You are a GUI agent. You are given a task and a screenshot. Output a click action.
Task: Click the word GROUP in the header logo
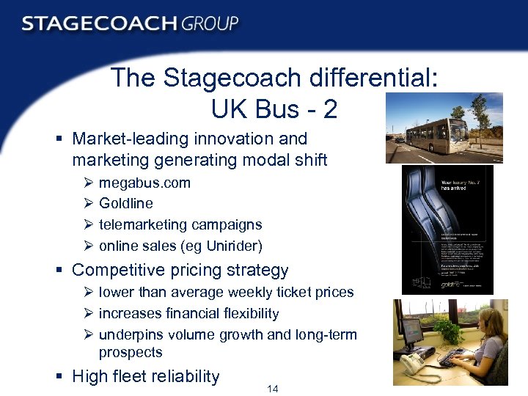(x=210, y=23)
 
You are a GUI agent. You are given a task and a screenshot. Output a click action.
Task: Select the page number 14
(x=272, y=389)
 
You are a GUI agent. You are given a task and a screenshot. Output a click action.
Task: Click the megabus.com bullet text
(x=144, y=183)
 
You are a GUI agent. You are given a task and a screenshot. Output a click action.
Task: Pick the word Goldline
(x=125, y=203)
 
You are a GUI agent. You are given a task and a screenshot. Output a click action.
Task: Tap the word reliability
(x=185, y=377)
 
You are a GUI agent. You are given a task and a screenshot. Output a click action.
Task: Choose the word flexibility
(x=243, y=313)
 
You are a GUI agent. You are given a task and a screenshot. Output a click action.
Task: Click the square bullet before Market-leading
(x=61, y=139)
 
